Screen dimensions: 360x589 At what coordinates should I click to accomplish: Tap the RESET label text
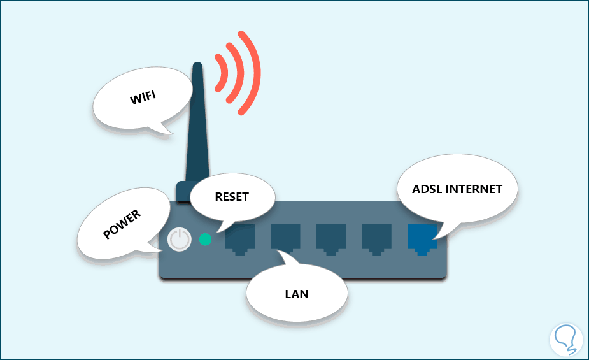coord(231,197)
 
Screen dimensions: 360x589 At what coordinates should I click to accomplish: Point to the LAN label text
coord(297,294)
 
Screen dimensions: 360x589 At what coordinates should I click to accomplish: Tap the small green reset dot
coord(205,240)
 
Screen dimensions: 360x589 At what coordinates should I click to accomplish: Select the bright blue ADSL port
coord(422,238)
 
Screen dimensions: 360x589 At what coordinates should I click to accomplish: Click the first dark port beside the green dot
coord(239,238)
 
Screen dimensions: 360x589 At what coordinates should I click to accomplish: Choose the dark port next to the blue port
coord(376,238)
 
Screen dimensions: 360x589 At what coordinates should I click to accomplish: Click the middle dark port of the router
coord(330,238)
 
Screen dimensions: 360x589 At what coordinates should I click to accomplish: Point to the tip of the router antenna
coord(198,65)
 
